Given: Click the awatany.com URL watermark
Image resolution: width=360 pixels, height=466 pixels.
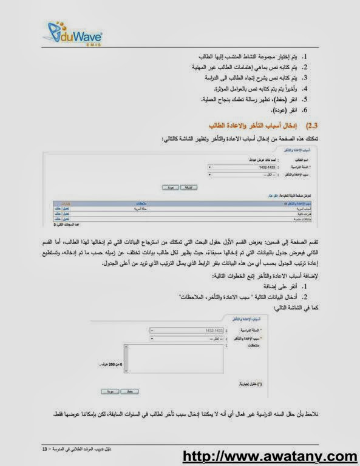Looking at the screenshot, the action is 270,456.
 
